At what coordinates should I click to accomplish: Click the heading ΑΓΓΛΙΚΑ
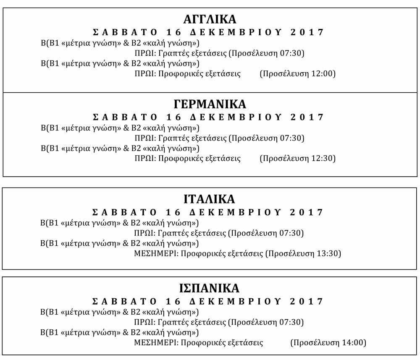click(x=210, y=19)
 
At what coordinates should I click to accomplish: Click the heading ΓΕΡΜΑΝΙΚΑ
click(x=210, y=104)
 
